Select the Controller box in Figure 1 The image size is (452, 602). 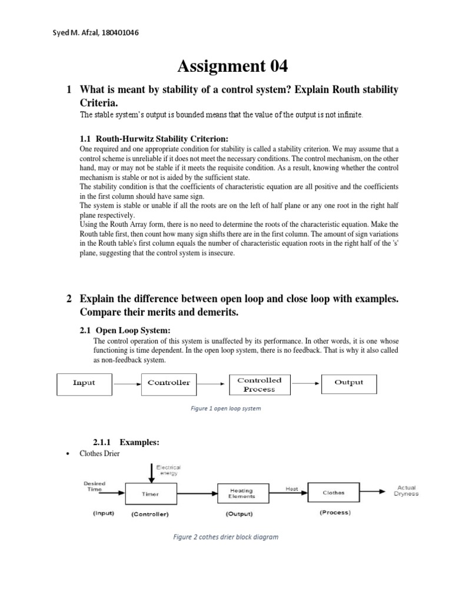click(x=169, y=383)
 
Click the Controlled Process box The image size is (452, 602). click(x=259, y=384)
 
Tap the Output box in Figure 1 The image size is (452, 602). click(x=348, y=383)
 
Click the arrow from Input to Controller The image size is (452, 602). click(x=127, y=383)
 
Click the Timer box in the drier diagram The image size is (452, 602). click(x=150, y=494)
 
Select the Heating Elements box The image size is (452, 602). click(x=243, y=493)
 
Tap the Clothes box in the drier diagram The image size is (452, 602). click(x=334, y=493)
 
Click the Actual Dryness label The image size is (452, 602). click(x=407, y=491)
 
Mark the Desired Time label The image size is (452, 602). click(x=94, y=486)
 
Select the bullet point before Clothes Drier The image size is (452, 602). click(x=70, y=454)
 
